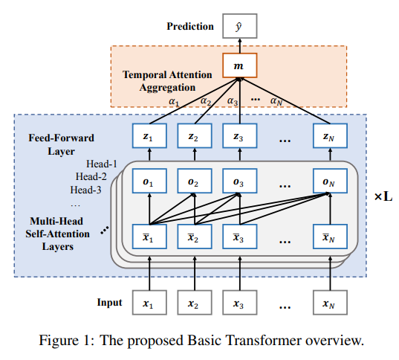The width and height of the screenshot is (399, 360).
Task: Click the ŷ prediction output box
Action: pos(239,27)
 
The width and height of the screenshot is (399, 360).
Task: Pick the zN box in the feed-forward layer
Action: pos(329,138)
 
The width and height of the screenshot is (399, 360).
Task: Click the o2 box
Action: pos(193,182)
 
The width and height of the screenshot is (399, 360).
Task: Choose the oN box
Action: pos(329,182)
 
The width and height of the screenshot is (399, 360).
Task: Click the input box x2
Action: pos(193,303)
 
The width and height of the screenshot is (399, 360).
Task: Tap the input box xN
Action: pos(329,303)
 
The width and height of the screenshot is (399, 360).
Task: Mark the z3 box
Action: pos(239,138)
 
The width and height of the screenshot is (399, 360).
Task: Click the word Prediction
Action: pos(189,27)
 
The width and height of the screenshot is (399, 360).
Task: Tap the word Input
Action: pos(109,303)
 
